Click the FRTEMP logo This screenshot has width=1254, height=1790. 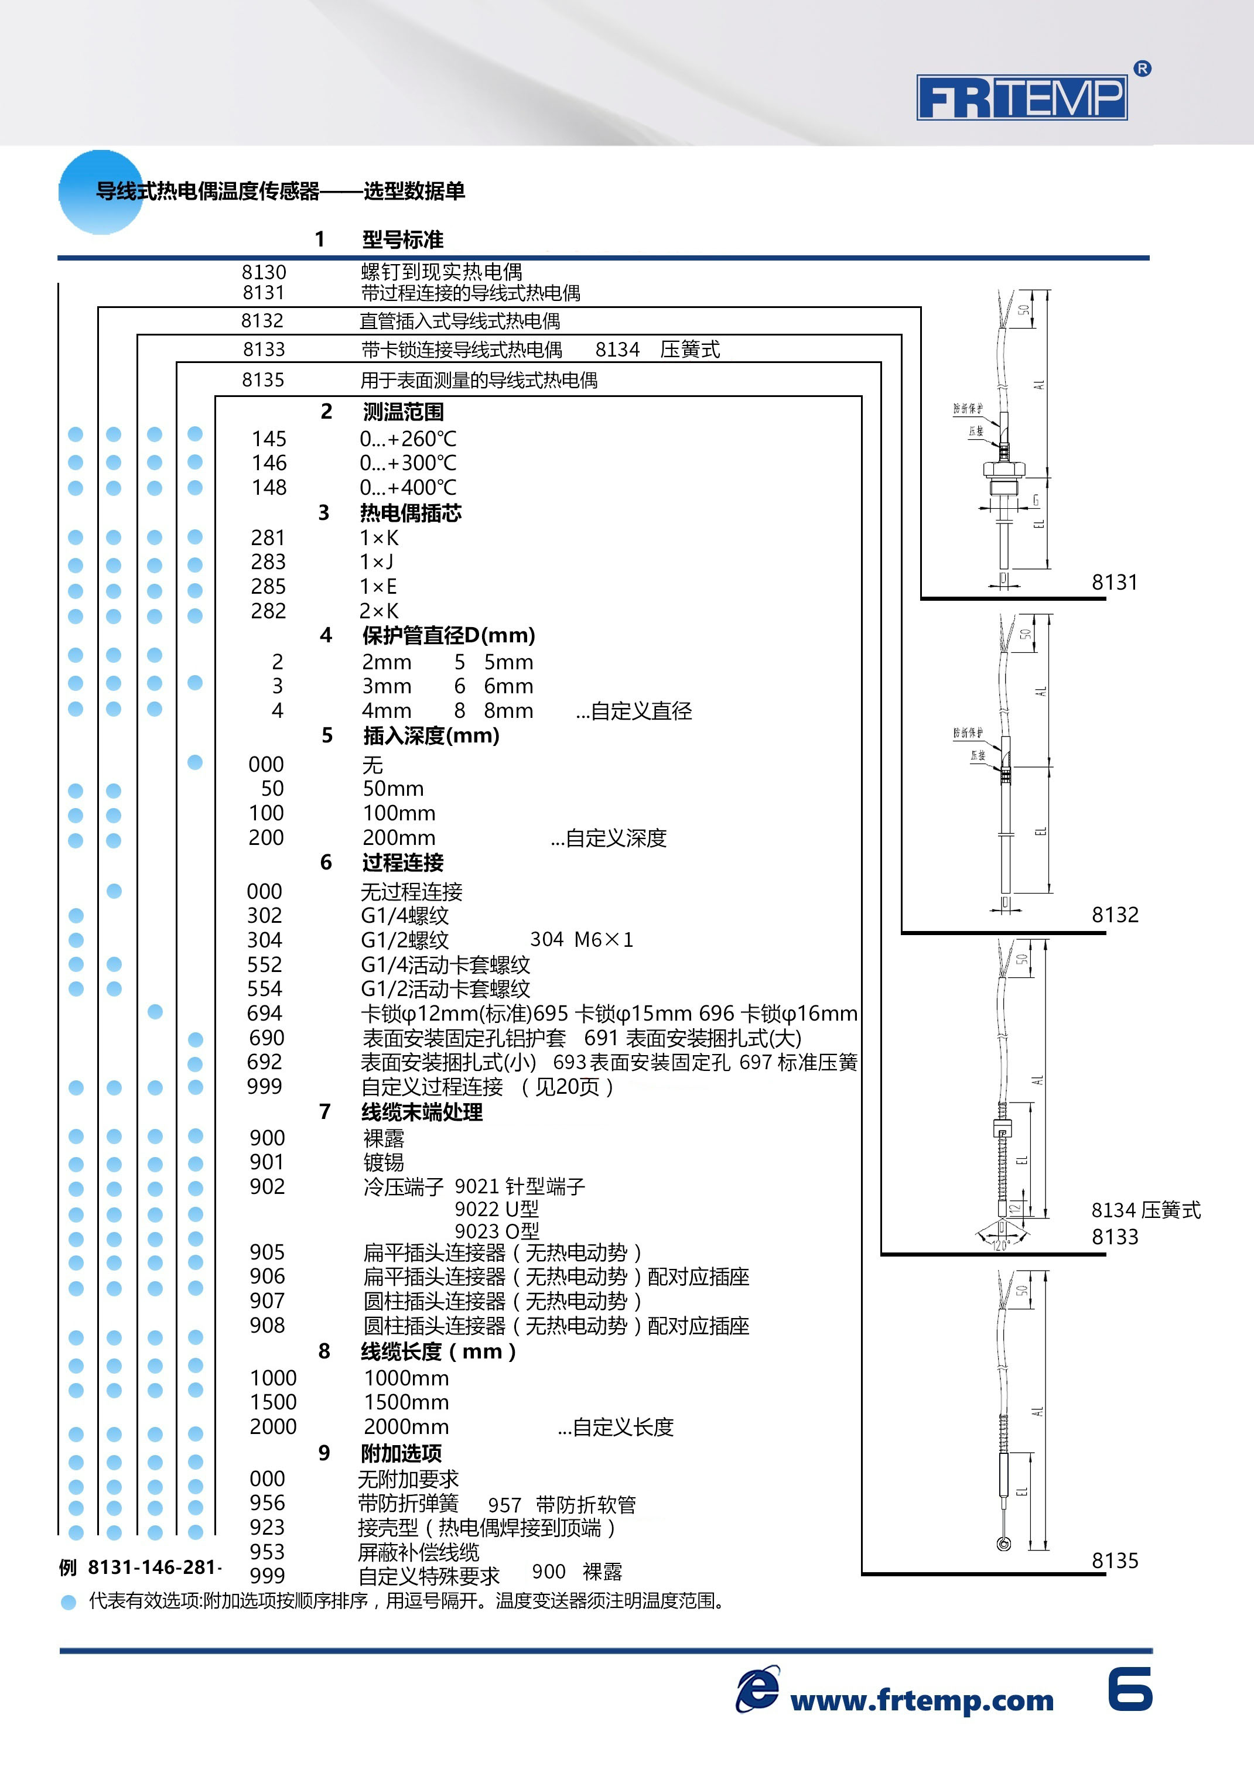pos(1021,97)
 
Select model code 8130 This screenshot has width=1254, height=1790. pos(264,272)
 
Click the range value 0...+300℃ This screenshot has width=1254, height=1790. pos(408,463)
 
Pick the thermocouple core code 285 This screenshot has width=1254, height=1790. pos(268,586)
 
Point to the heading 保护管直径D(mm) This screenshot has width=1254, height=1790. pos(449,635)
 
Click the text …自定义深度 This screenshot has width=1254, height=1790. pos(609,838)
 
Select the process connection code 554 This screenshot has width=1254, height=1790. pos(264,988)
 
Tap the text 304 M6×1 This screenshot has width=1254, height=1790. pos(582,939)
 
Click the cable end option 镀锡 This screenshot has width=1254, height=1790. pos(384,1162)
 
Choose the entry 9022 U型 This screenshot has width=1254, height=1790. pos(497,1209)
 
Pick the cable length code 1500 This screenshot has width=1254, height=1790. pos(273,1402)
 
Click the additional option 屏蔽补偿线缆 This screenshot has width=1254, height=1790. pos(419,1552)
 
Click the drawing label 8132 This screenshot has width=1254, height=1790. pos(1115,915)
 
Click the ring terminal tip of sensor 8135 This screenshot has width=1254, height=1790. pos(1004,1545)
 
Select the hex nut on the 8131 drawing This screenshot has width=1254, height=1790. pos(1003,470)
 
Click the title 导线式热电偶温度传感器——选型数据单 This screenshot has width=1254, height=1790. pos(280,191)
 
